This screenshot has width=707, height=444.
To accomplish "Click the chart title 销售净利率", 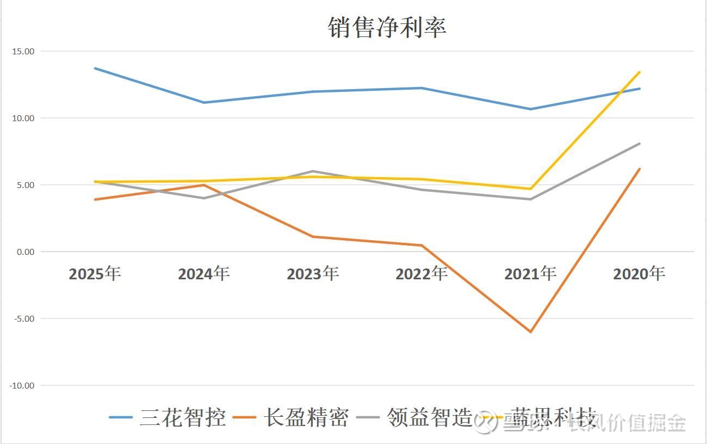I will pyautogui.click(x=387, y=27).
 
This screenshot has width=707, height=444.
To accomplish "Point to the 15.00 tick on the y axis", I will pyautogui.click(x=22, y=51).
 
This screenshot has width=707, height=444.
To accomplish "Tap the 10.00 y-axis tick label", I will pyautogui.click(x=22, y=118).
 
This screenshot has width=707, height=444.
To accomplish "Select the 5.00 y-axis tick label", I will pyautogui.click(x=24, y=185).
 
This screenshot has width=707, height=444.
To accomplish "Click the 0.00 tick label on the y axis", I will pyautogui.click(x=24, y=252).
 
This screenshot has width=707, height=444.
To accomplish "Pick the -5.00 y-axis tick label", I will pyautogui.click(x=23, y=318).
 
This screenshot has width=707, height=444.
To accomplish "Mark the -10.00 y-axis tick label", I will pyautogui.click(x=21, y=385).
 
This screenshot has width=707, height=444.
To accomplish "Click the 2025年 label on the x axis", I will pyautogui.click(x=95, y=273).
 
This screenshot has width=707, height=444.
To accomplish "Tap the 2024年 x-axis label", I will pyautogui.click(x=204, y=273).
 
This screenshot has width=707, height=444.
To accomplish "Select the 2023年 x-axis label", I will pyautogui.click(x=313, y=273).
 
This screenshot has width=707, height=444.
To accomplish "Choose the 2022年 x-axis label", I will pyautogui.click(x=421, y=273).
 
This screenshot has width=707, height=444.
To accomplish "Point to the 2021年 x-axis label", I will pyautogui.click(x=530, y=273).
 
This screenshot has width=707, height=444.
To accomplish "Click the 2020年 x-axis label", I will pyautogui.click(x=639, y=273).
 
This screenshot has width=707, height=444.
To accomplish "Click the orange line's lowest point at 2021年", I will pyautogui.click(x=530, y=332).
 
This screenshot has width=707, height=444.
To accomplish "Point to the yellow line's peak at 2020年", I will pyautogui.click(x=640, y=72).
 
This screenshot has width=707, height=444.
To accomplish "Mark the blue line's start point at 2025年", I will pyautogui.click(x=95, y=68).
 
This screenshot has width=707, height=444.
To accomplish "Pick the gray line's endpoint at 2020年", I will pyautogui.click(x=640, y=143).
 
